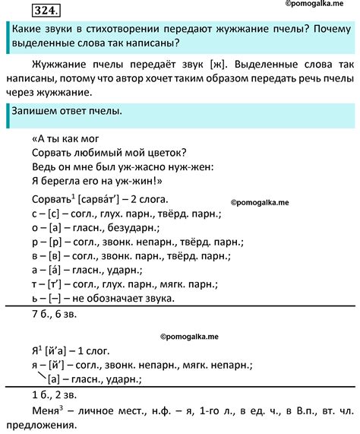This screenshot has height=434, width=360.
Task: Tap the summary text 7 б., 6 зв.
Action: coord(43,314)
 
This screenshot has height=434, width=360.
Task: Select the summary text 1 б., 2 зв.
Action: coord(43,396)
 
